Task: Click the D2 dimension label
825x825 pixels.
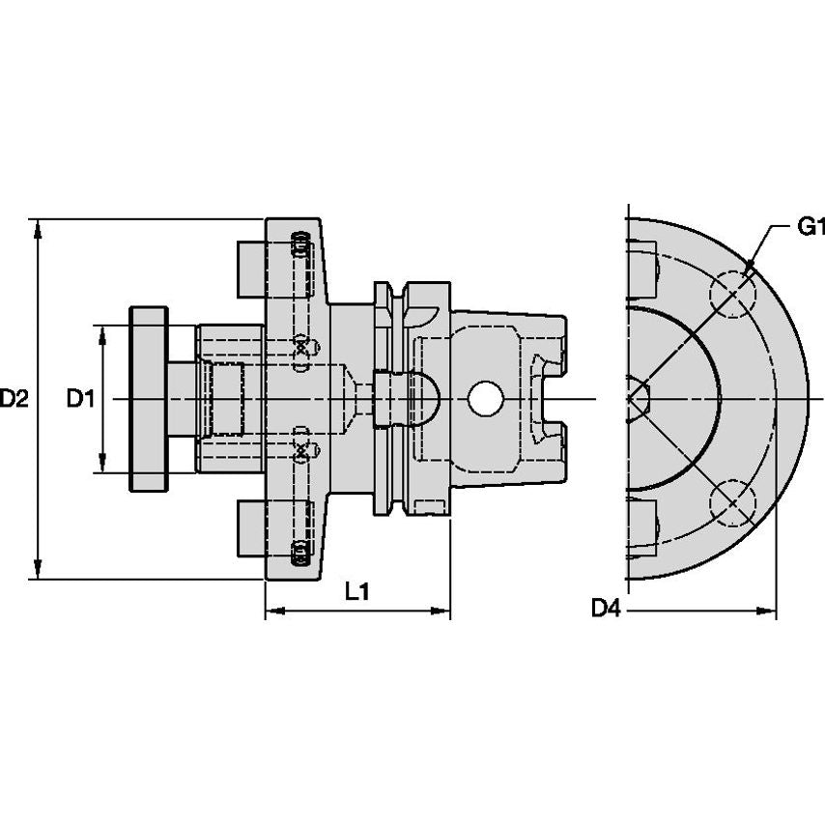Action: (x=14, y=398)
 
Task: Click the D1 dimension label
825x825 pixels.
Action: (x=80, y=398)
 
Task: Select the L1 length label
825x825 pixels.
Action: (x=357, y=592)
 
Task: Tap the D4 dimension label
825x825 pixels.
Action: (x=606, y=608)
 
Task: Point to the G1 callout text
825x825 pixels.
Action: (x=810, y=228)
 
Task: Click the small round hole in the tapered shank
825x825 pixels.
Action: (x=485, y=398)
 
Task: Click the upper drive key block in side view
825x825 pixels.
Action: (x=250, y=268)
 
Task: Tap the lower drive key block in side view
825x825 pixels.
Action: (x=250, y=529)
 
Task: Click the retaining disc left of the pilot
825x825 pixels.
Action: (x=149, y=398)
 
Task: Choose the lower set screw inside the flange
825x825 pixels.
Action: (x=300, y=552)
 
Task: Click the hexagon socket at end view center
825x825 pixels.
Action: (x=638, y=395)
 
